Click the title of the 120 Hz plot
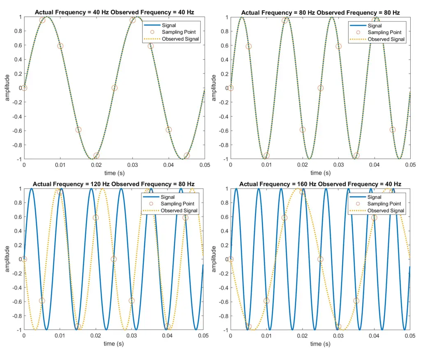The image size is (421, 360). coord(113,184)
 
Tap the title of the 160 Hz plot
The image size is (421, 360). coord(320,184)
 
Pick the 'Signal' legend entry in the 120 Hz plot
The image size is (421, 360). coord(168,197)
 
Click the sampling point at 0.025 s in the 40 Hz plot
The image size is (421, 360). coord(114,88)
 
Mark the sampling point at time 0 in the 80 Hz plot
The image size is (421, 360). coord(230,88)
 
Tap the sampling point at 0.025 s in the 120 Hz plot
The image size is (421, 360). coord(114,259)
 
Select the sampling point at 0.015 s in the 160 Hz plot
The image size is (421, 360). coord(285,218)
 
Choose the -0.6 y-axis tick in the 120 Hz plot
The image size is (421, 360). coord(16,301)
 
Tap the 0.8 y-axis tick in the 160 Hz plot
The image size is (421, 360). coord(223,203)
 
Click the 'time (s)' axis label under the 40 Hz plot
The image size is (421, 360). coord(114,173)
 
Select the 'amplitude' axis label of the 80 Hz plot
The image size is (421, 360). coord(214,88)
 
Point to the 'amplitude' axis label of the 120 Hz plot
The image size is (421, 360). coord(7,259)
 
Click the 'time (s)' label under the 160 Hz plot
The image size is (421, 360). coord(320,344)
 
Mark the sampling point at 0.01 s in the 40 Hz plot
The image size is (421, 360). coord(60,46)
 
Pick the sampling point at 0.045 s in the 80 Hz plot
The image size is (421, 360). coord(393,129)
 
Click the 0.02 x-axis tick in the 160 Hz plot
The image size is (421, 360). coord(302,336)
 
